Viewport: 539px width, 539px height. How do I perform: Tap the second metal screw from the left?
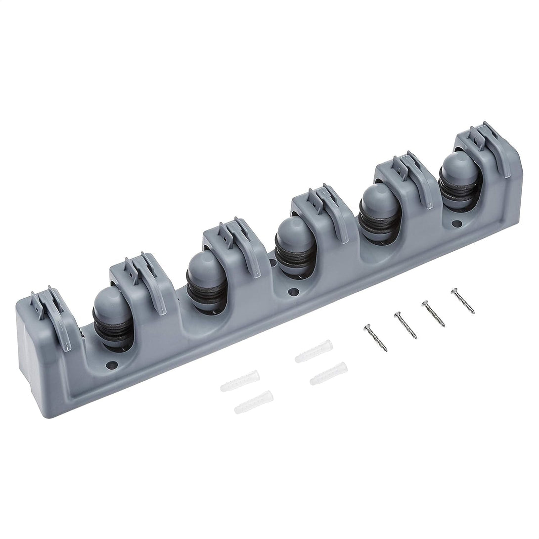tap(405, 325)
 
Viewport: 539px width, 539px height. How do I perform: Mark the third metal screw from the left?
tap(433, 313)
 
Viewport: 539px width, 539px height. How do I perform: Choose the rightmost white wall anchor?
tap(328, 373)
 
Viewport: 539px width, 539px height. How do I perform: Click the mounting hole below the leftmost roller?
tap(110, 366)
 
